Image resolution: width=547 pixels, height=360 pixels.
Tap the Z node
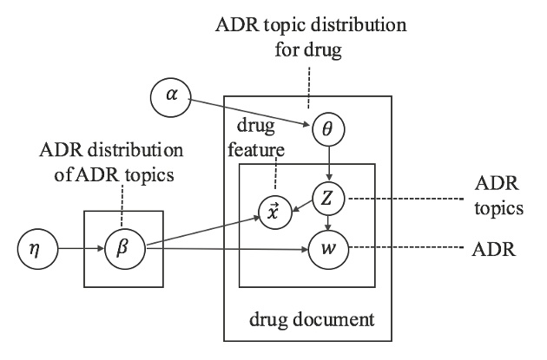point(327,199)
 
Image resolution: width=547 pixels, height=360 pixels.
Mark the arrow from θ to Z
point(329,163)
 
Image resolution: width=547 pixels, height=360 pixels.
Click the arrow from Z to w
point(327,225)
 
